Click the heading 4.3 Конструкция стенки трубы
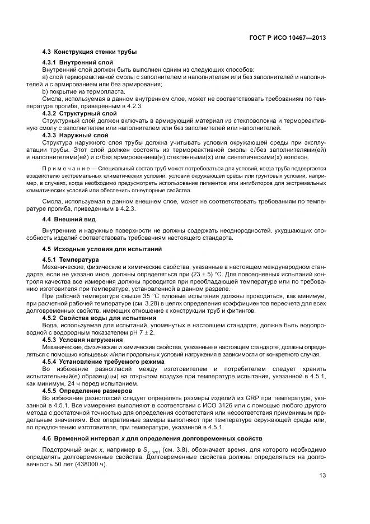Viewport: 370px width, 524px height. click(90, 52)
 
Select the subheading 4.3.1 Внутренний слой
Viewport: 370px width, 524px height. click(78, 62)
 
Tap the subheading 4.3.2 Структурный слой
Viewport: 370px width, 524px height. click(79, 113)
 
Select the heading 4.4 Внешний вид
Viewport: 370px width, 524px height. click(68, 221)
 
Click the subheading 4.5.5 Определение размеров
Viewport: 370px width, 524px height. click(87, 391)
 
